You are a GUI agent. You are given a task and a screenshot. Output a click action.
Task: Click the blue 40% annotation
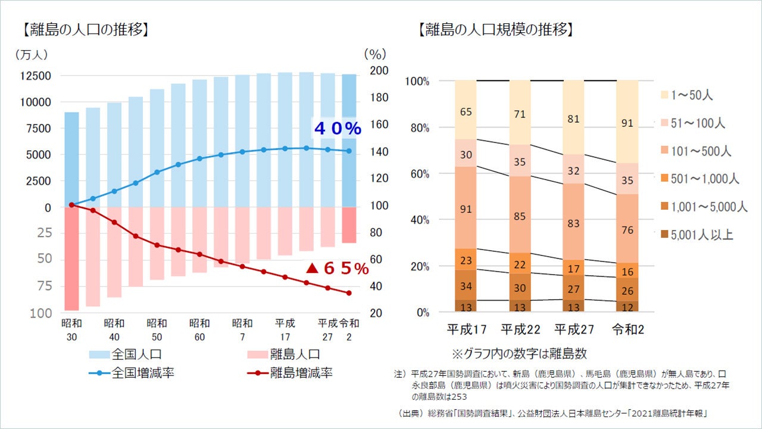pyautogui.click(x=337, y=128)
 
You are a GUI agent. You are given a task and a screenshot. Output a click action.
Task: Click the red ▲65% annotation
pyautogui.click(x=337, y=269)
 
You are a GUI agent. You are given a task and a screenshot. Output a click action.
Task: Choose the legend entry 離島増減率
pyautogui.click(x=301, y=374)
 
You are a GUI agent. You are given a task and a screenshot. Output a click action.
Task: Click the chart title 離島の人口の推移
pyautogui.click(x=86, y=29)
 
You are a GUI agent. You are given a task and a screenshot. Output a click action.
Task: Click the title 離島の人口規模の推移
pyautogui.click(x=496, y=29)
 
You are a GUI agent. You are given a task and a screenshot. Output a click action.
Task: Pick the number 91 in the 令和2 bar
pyautogui.click(x=627, y=124)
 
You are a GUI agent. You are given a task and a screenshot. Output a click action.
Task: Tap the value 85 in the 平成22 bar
pyautogui.click(x=520, y=216)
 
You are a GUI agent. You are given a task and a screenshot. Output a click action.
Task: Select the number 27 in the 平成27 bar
pyautogui.click(x=573, y=289)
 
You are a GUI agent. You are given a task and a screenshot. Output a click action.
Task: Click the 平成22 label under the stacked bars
pyautogui.click(x=520, y=329)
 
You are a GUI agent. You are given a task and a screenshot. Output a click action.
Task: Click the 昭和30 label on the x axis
pyautogui.click(x=71, y=329)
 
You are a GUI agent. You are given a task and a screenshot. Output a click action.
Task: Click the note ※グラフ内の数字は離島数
pyautogui.click(x=519, y=354)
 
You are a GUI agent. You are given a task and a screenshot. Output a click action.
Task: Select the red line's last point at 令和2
pyautogui.click(x=349, y=293)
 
